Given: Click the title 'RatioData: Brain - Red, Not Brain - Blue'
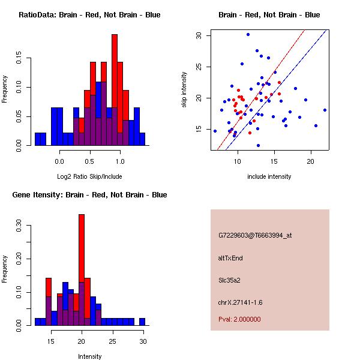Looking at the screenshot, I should tap(89, 15).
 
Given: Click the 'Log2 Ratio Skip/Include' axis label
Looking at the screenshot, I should tap(89, 176).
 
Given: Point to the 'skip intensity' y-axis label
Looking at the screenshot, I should tap(184, 90).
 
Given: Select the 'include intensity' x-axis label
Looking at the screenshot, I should tap(269, 176).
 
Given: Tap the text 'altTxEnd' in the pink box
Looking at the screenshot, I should tap(230, 258).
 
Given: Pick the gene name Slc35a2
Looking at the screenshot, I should tap(230, 280).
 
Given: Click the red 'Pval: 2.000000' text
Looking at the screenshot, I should tap(239, 319).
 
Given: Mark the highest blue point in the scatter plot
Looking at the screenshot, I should tap(248, 34).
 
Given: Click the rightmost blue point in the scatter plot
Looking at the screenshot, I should tap(325, 110).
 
